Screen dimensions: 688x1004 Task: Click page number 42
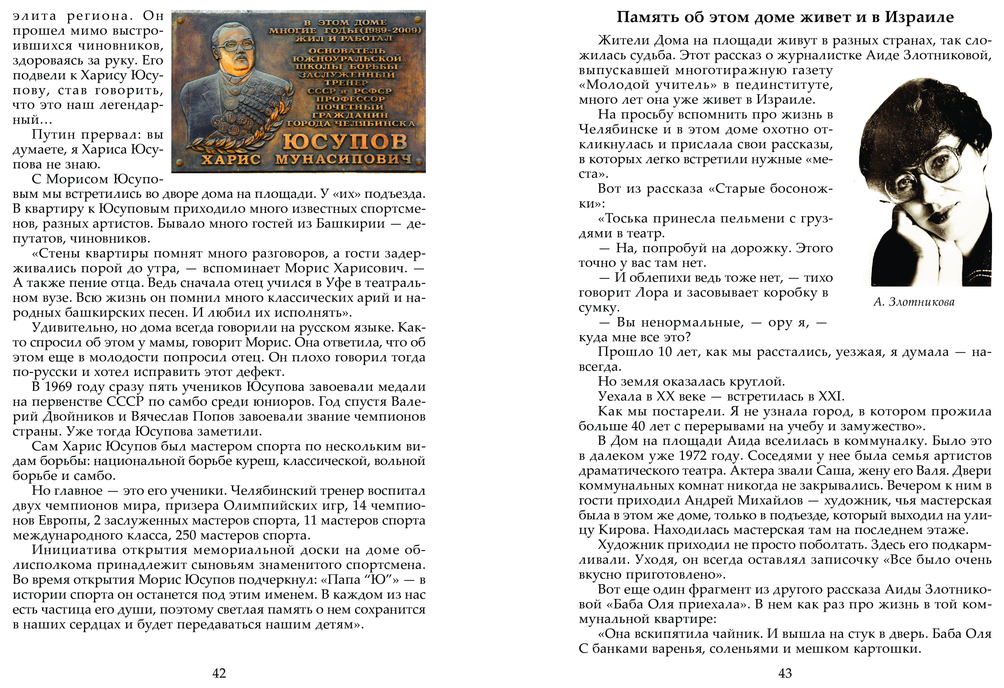(x=219, y=673)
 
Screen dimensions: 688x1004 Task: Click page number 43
(x=785, y=673)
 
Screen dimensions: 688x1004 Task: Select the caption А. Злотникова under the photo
(x=914, y=302)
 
